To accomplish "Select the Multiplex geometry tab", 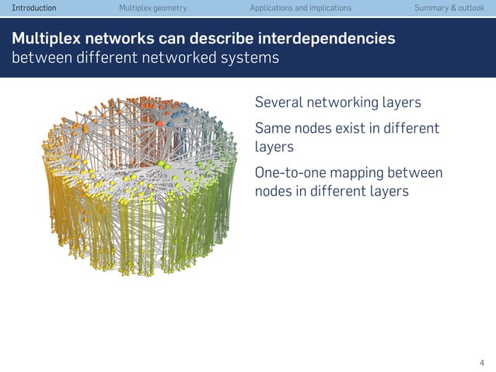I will point(152,8).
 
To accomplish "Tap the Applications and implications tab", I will point(300,8).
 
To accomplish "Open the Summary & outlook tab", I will point(449,8).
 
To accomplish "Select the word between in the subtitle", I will point(37,59).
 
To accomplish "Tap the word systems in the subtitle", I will point(252,59).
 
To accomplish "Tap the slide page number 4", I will point(481,362).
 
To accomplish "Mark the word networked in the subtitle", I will point(192,59).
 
